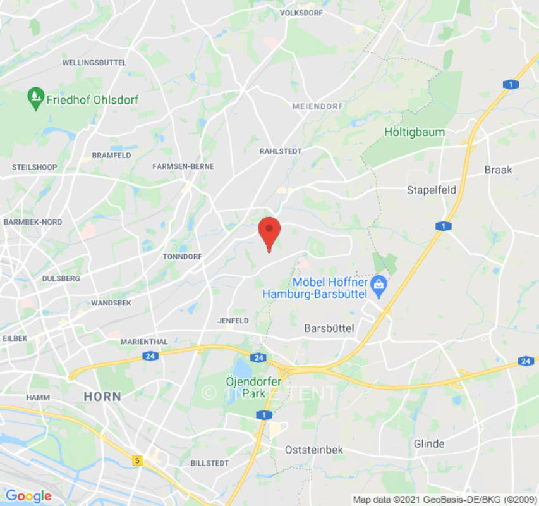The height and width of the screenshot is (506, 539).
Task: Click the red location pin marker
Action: click(x=270, y=233)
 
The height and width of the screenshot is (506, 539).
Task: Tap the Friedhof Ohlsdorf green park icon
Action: click(x=35, y=99)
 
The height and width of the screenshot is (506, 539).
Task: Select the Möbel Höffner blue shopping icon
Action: click(x=379, y=282)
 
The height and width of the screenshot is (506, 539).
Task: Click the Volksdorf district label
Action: click(x=301, y=13)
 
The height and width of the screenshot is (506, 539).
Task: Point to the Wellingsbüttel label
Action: click(x=94, y=63)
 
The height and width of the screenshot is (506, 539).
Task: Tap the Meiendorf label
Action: click(x=312, y=106)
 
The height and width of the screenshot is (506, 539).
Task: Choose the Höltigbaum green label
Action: click(x=415, y=132)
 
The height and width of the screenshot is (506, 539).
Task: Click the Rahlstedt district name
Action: click(x=281, y=151)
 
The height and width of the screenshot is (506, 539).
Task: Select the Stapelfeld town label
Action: click(x=432, y=190)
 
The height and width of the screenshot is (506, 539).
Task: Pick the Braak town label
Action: click(x=498, y=170)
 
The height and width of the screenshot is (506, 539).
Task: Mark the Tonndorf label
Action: click(x=182, y=257)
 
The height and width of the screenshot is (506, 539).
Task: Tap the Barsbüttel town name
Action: click(x=329, y=328)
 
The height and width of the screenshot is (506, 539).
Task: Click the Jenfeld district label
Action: click(x=233, y=321)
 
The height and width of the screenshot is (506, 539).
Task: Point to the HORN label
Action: click(x=102, y=397)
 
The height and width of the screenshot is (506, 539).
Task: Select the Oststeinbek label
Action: click(x=314, y=450)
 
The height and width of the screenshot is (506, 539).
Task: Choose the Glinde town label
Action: click(x=429, y=443)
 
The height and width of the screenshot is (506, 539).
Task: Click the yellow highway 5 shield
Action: click(x=138, y=461)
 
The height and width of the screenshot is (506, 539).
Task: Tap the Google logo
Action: click(x=28, y=496)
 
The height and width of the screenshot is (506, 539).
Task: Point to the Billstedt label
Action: click(x=210, y=463)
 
